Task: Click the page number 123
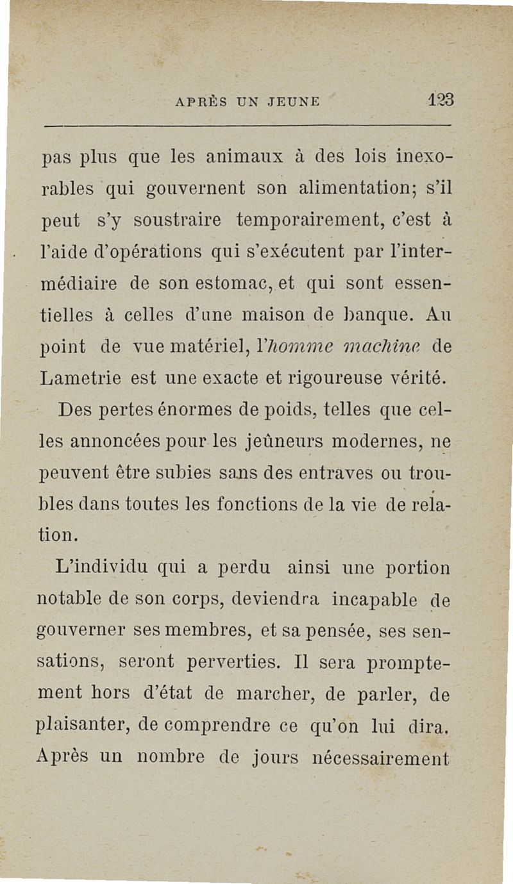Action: pos(441,101)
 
